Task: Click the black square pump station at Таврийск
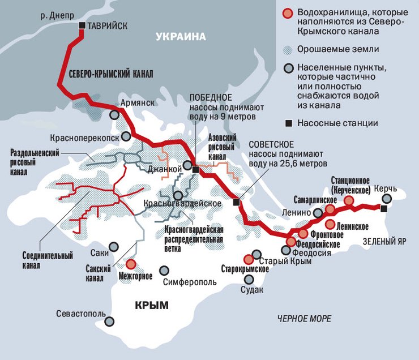point(82,25)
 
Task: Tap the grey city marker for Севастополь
point(113,322)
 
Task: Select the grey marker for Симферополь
point(165,271)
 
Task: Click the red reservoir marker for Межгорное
point(131,264)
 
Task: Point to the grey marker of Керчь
point(386,199)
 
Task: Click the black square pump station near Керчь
point(384,209)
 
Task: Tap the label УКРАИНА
point(179,37)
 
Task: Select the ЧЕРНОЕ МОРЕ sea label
point(304,319)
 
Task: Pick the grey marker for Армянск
point(115,114)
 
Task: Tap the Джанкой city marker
point(187,167)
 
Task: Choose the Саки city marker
point(114,246)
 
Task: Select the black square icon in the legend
point(288,122)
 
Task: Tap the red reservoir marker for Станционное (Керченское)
point(349,200)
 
